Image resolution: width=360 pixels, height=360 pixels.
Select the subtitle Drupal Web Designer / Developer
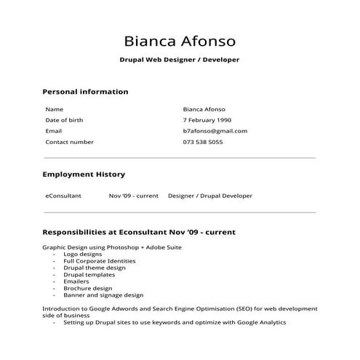180,60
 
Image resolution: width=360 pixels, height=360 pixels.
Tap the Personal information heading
85,92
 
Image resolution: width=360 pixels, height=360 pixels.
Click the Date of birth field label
64,120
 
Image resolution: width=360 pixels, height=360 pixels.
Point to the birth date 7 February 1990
207,120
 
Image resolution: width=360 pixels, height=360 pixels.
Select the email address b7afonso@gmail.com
215,131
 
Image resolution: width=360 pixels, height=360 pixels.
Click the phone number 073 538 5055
203,142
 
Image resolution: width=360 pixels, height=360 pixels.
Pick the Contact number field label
69,142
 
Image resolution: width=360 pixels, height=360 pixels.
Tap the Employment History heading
84,175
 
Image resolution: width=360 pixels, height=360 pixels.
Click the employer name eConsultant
63,196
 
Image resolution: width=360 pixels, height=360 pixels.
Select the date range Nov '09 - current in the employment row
134,196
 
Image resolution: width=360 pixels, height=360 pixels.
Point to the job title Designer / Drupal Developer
210,196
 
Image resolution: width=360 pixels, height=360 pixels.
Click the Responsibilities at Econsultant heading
139,232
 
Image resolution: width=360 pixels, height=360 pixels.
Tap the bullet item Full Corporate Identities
99,261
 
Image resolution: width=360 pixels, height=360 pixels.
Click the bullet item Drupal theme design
94,268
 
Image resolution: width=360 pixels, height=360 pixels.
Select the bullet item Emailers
76,281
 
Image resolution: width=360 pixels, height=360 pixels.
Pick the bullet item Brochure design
87,289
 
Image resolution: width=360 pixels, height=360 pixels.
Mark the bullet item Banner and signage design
103,295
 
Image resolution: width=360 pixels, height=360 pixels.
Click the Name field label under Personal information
55,109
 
